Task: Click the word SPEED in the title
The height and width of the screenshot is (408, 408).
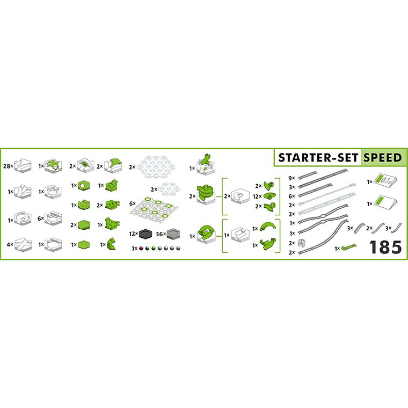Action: (x=382, y=158)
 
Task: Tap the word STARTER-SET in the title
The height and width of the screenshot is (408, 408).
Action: (x=318, y=158)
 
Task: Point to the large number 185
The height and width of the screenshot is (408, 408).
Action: (x=385, y=247)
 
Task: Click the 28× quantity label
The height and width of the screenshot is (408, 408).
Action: (x=8, y=166)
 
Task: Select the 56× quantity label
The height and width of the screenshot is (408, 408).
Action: (x=161, y=234)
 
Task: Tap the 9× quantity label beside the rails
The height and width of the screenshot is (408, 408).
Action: (x=292, y=178)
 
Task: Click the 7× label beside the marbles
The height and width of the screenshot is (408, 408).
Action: (x=135, y=249)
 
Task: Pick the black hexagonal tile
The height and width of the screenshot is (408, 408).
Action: (x=145, y=234)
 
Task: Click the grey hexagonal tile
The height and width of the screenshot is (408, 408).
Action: (x=173, y=234)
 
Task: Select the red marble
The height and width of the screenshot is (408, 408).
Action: (x=141, y=249)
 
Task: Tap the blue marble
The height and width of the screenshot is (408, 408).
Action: (x=147, y=249)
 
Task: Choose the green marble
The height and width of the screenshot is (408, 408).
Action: (x=154, y=249)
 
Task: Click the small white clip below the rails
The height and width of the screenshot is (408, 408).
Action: (x=301, y=243)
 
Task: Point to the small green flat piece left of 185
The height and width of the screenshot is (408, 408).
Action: (x=348, y=246)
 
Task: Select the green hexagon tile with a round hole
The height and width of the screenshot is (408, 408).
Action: (x=84, y=186)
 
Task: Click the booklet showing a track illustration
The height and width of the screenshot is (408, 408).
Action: (x=385, y=179)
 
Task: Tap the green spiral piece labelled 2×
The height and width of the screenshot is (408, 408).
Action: (x=206, y=194)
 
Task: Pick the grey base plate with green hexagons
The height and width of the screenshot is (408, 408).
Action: (x=154, y=208)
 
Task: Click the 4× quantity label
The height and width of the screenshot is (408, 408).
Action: (x=10, y=245)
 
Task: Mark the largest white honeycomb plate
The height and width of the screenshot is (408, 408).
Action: (x=156, y=167)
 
